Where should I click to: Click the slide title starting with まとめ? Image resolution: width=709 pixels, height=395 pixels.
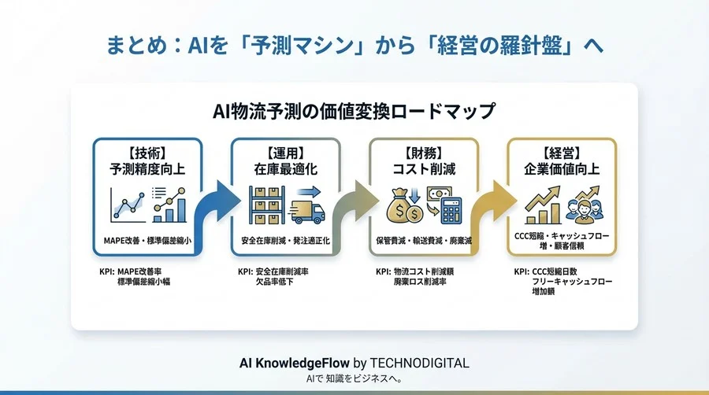click(354, 44)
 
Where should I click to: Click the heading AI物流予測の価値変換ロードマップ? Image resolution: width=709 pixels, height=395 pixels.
click(354, 110)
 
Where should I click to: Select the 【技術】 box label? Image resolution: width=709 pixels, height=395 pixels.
click(147, 153)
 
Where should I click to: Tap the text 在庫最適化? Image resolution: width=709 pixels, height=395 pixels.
click(285, 169)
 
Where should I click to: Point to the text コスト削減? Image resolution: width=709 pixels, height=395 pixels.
click(423, 169)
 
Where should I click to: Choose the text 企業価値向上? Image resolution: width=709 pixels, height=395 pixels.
click(561, 169)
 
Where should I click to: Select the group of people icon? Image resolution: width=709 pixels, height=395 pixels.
click(586, 209)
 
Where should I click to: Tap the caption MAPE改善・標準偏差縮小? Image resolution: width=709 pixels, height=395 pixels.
click(147, 239)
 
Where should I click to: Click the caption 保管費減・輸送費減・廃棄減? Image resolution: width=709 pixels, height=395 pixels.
click(423, 239)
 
